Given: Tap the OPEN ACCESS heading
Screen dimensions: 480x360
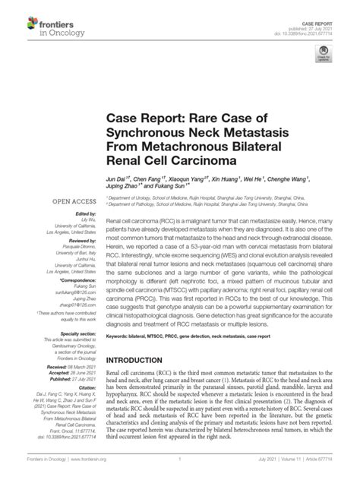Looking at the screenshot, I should click(x=72, y=202).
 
